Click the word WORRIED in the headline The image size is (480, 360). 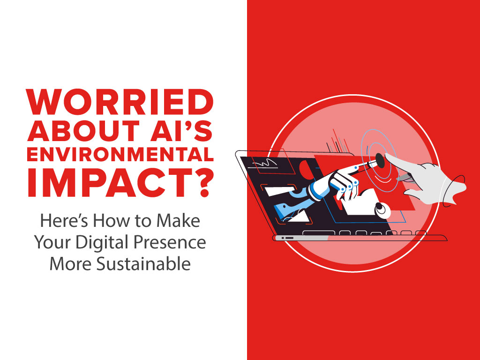tap(120, 102)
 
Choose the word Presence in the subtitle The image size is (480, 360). tap(170, 242)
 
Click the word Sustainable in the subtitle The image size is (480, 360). tap(143, 263)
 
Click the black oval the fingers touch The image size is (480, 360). tap(380, 160)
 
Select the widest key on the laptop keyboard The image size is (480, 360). tap(319, 233)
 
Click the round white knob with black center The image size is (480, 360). tap(382, 210)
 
